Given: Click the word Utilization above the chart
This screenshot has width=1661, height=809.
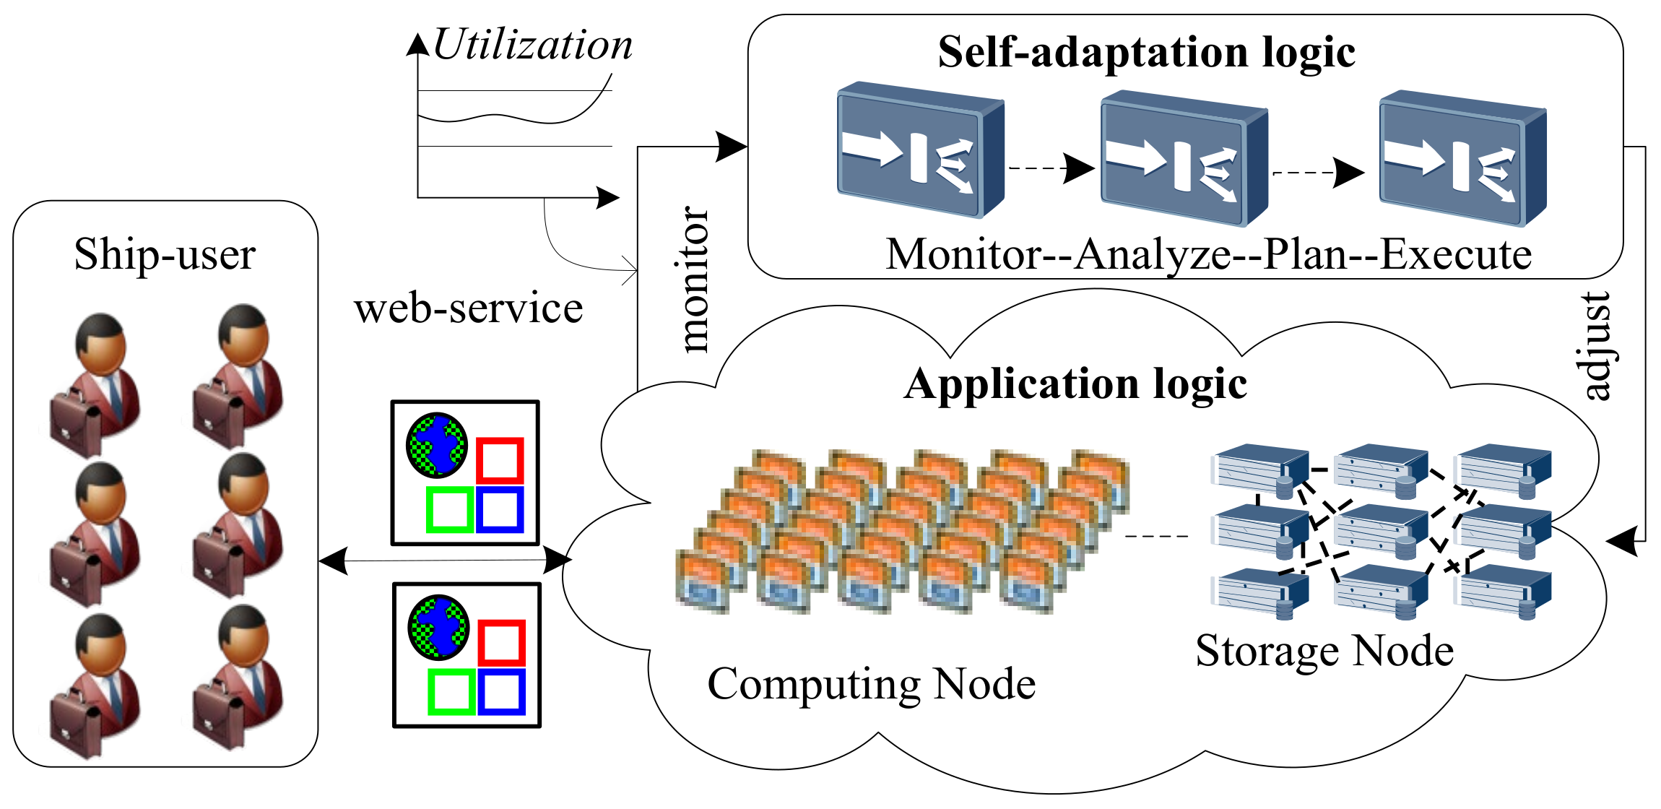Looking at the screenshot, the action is coord(533,44).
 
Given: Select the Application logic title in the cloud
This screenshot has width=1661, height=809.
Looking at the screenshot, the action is coord(1075,384).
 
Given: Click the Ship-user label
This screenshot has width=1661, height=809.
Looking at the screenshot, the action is coord(165,254).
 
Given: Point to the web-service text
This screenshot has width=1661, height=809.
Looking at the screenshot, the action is coord(468,308).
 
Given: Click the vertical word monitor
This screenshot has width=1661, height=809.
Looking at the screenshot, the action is coord(695,279).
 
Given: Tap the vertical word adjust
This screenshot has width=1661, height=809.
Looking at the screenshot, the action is coord(1596,345).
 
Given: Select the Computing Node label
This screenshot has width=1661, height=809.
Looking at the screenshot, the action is coord(871,683).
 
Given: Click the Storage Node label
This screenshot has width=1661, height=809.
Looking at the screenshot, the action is coord(1324,650).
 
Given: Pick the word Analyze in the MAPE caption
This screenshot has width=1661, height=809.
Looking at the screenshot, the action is coord(1153,254).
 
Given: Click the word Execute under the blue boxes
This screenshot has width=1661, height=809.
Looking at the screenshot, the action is coord(1456,254).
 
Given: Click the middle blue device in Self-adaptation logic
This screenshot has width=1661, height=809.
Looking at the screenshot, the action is coord(1184,158).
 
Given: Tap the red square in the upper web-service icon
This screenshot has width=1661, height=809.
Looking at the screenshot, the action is coord(500,460).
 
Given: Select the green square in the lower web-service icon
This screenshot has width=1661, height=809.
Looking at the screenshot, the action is coord(451,692).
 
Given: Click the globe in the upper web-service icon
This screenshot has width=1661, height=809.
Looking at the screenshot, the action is coord(436,445).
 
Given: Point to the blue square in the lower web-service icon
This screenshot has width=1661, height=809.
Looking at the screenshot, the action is coord(501,692).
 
